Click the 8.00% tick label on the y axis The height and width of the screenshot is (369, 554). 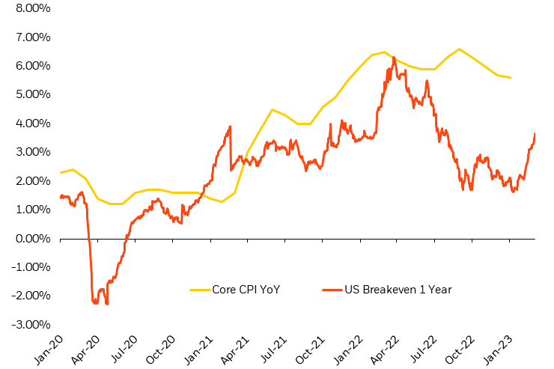click(28, 8)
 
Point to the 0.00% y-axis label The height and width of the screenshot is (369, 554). click(28, 238)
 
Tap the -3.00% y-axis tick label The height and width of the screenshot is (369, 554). click(27, 324)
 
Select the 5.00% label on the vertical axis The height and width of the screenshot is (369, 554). click(28, 94)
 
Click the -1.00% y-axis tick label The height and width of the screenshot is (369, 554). click(27, 267)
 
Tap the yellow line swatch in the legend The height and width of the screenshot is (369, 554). click(200, 289)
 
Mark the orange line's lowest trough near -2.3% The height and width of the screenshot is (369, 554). click(107, 304)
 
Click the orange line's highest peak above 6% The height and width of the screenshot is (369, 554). click(394, 58)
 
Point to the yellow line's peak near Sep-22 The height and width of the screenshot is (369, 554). click(459, 49)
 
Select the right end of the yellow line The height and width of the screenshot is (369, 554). click(511, 78)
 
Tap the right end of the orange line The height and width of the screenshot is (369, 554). click(535, 133)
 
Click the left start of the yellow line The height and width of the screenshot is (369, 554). click(60, 173)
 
